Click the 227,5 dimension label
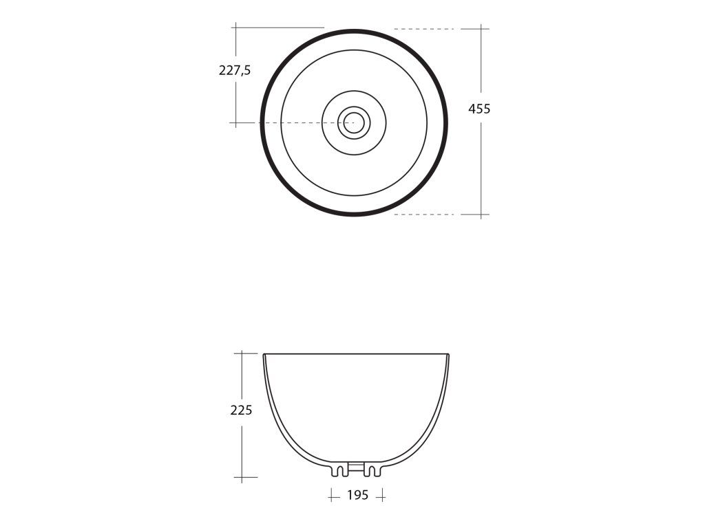point(235,71)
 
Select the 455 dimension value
point(479,109)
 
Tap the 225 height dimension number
point(242,410)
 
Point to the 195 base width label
point(358,495)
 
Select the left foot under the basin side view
point(339,470)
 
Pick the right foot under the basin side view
point(372,470)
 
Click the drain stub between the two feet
point(356,467)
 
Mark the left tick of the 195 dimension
point(333,495)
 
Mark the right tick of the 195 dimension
point(381,496)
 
